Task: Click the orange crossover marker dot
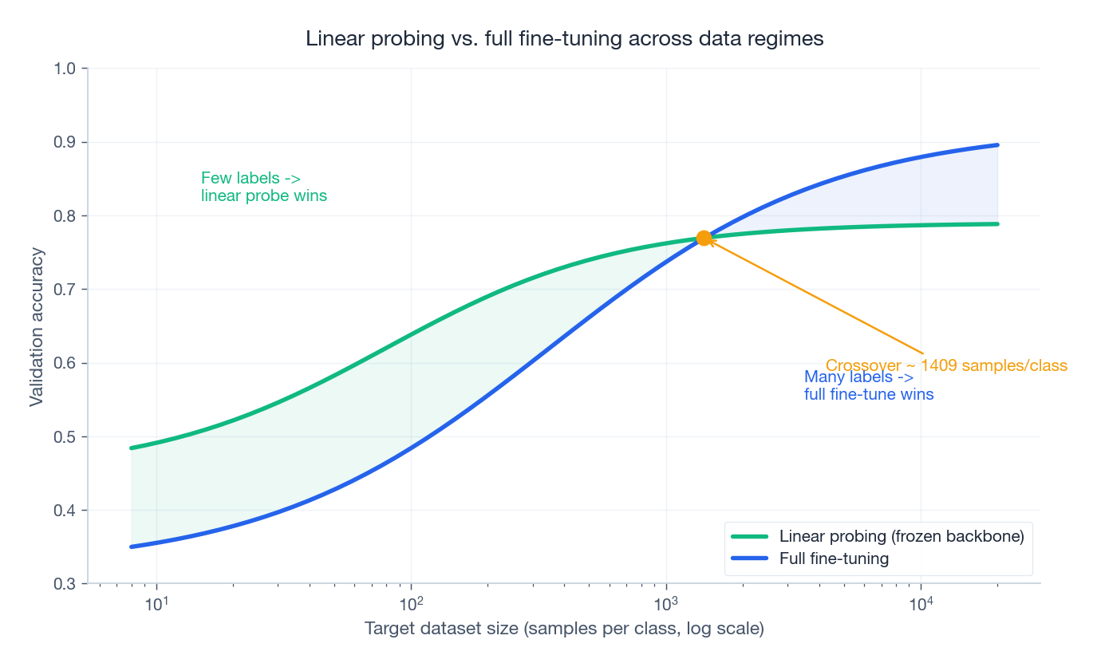704,238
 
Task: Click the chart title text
564,38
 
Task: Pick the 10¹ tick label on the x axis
156,603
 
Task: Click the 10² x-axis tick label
411,603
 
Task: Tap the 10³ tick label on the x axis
665,603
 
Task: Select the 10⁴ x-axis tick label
921,603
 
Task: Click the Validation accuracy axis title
37,326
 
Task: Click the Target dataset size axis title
564,630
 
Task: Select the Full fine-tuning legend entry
834,558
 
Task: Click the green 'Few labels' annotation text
263,187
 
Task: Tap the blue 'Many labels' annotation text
868,385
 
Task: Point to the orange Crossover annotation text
946,365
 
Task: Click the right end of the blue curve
997,145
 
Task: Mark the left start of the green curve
132,448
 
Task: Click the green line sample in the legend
750,537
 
